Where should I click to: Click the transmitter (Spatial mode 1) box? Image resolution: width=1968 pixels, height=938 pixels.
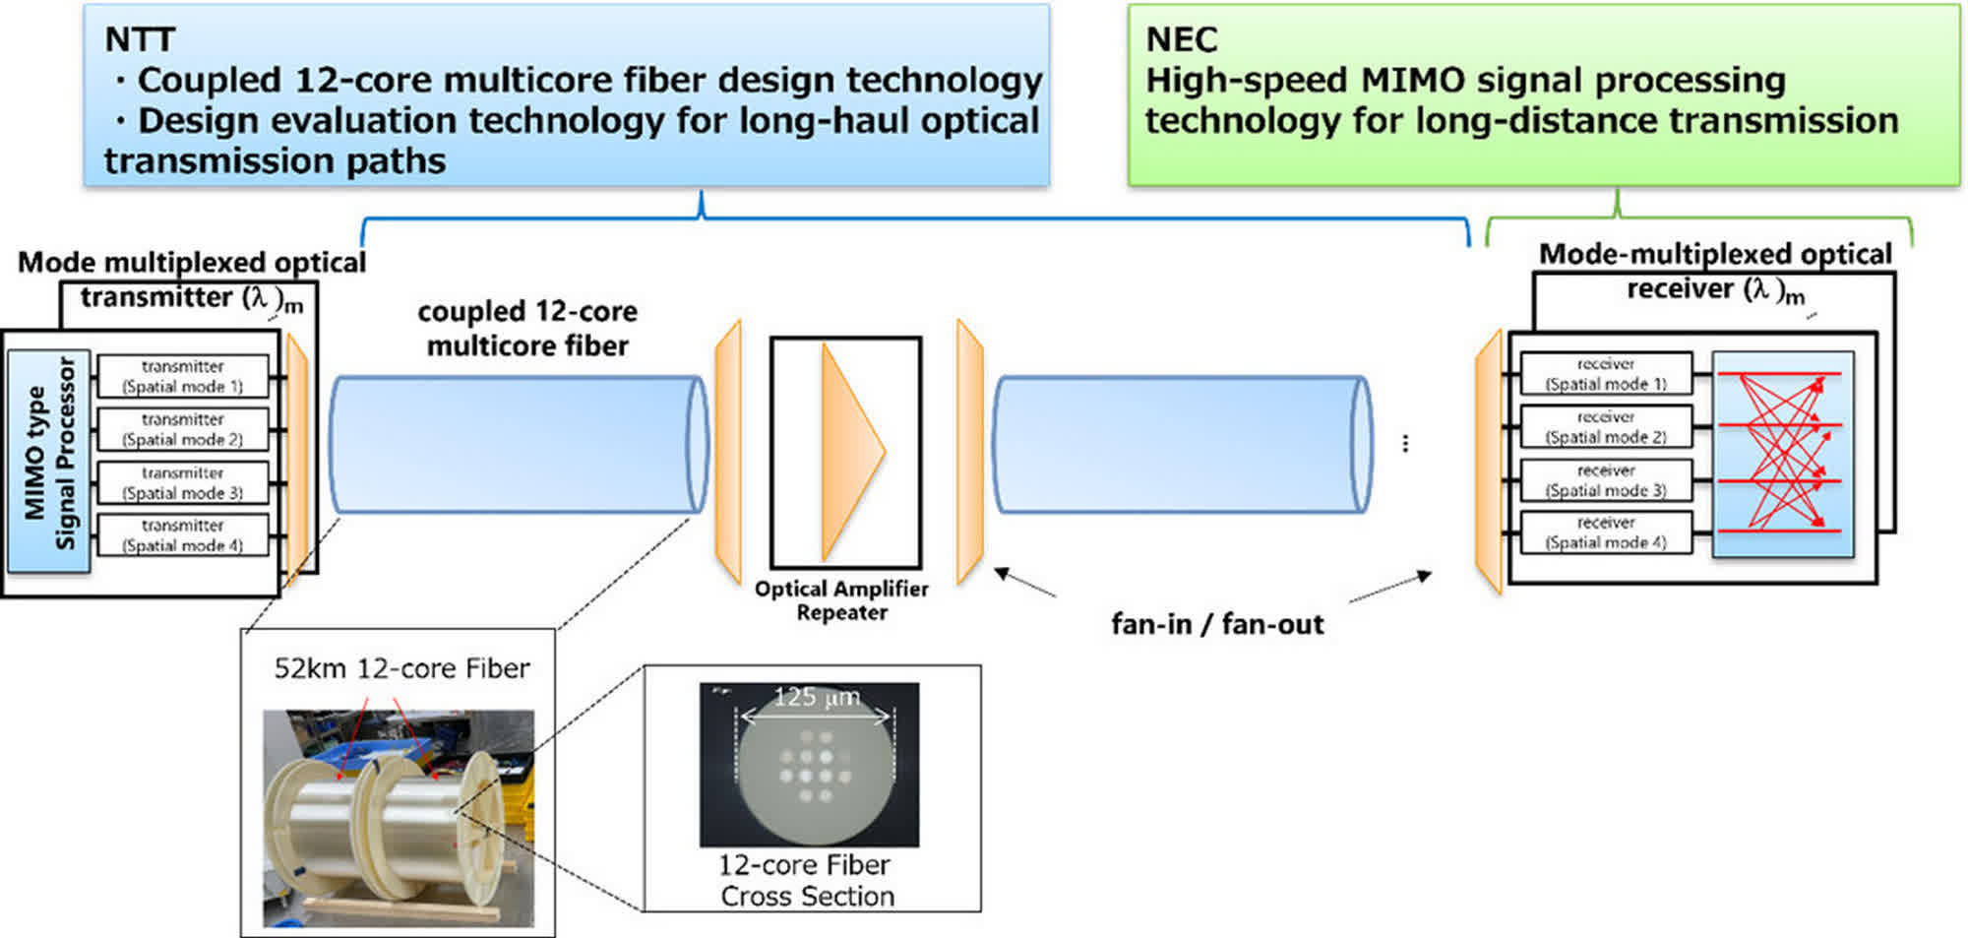point(183,376)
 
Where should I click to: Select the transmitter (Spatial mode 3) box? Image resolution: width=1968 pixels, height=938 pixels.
point(183,482)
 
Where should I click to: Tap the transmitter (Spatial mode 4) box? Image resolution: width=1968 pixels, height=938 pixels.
point(183,535)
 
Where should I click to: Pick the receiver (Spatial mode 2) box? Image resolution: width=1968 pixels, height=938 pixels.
point(1606,427)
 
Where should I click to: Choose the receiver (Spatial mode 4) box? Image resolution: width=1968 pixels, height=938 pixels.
point(1606,532)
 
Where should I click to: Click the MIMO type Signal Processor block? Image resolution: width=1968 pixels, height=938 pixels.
point(49,462)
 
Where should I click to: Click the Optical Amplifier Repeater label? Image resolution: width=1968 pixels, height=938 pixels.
point(841,600)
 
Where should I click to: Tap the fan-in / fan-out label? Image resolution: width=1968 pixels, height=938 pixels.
point(1217,624)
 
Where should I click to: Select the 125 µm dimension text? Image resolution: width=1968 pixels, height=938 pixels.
point(816,698)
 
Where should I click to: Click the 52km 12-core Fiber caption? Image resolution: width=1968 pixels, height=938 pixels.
point(401,668)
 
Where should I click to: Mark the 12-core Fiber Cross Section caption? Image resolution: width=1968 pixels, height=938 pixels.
point(806,880)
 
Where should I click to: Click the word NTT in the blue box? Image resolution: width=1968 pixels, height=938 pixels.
point(140,39)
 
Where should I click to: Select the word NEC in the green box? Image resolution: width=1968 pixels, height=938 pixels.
point(1182,39)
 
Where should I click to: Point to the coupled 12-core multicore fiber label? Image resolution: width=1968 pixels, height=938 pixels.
point(527,328)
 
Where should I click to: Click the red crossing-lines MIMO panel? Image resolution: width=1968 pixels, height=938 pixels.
point(1782,454)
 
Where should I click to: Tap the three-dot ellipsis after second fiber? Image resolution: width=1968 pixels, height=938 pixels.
point(1405,444)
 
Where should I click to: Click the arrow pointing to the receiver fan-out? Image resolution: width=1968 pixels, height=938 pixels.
point(1389,587)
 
